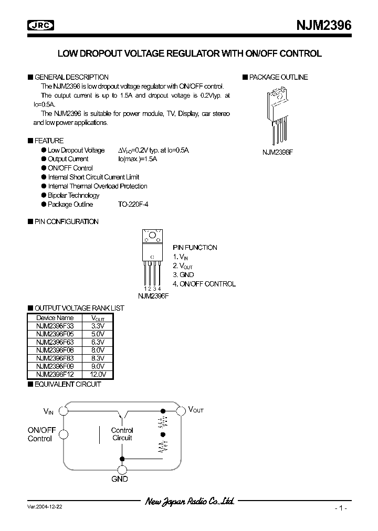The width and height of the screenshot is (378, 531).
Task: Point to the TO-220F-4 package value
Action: pyautogui.click(x=133, y=205)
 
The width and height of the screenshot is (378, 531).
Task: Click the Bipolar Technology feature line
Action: pyautogui.click(x=73, y=195)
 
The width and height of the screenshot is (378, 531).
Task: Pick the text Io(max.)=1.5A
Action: pyautogui.click(x=138, y=159)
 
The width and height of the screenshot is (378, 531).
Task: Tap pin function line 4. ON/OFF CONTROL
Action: pyautogui.click(x=204, y=284)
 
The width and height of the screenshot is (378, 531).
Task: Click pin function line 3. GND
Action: pyautogui.click(x=183, y=274)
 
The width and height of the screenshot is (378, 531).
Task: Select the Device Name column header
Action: pyautogui.click(x=55, y=318)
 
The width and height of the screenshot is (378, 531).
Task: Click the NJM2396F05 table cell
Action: pyautogui.click(x=55, y=333)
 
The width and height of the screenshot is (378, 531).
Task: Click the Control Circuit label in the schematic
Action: pyautogui.click(x=122, y=434)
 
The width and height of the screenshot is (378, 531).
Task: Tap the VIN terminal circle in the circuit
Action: pyautogui.click(x=64, y=411)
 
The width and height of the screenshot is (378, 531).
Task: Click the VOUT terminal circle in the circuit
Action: pyautogui.click(x=181, y=411)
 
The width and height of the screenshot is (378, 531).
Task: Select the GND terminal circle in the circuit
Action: pyautogui.click(x=122, y=470)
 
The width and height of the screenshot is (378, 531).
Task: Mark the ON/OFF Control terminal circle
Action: pyautogui.click(x=64, y=434)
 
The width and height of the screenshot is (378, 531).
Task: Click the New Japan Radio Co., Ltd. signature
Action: pyautogui.click(x=189, y=502)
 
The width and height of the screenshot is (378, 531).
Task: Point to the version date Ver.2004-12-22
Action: pyautogui.click(x=47, y=507)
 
